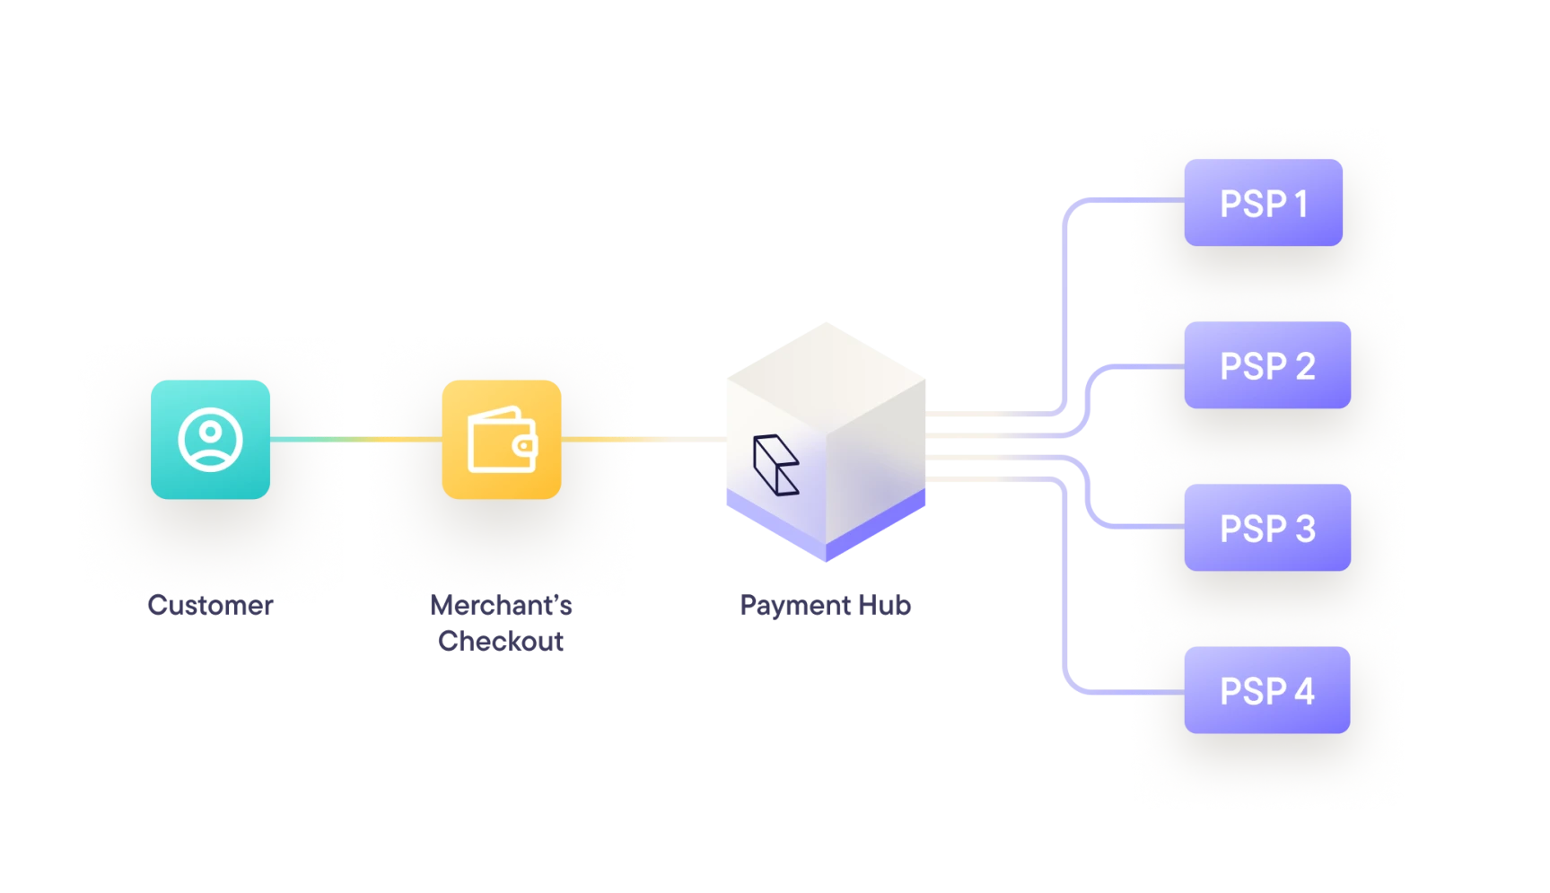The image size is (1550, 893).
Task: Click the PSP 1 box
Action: point(1262,203)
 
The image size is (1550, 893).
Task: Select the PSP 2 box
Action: point(1266,365)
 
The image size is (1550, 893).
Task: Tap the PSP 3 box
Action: point(1266,528)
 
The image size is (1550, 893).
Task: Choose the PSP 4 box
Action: point(1266,690)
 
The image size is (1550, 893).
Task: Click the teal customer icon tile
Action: point(210,439)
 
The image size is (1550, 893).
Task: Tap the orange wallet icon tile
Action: point(501,439)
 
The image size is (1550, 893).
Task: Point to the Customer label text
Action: point(210,605)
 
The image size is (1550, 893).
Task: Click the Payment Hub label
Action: point(825,605)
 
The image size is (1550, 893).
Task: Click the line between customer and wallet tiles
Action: point(355,439)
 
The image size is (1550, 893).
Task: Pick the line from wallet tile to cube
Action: point(642,439)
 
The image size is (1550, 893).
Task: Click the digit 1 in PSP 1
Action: point(1300,204)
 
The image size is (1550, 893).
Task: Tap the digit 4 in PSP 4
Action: point(1304,691)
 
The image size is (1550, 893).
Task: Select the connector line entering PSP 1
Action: point(1131,198)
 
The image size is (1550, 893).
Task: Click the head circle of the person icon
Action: point(210,431)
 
